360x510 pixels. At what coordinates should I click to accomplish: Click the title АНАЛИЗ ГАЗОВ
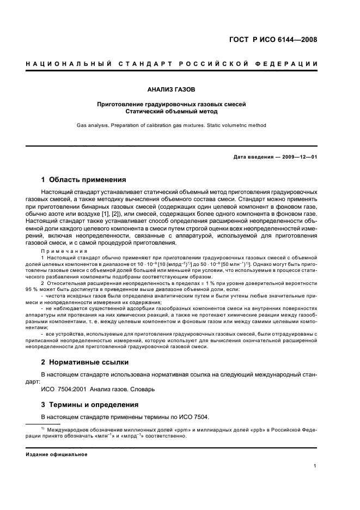pyautogui.click(x=171, y=88)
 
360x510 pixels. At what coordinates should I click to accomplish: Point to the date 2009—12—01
pyautogui.click(x=299, y=157)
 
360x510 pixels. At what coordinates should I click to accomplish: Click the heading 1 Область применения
pyautogui.click(x=84, y=179)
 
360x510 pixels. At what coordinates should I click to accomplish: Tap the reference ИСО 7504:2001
pyautogui.click(x=62, y=389)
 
